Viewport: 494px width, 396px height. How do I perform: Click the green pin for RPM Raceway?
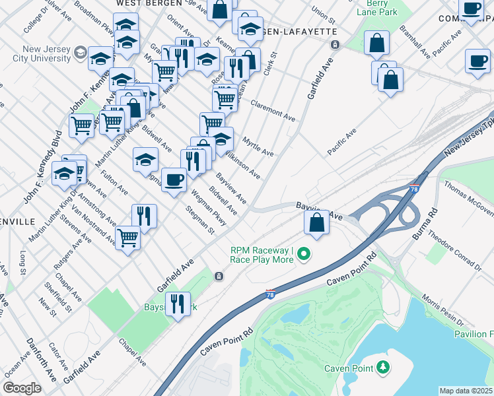point(304,253)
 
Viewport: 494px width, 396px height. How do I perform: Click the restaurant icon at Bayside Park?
point(178,304)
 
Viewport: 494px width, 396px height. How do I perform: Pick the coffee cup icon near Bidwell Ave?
point(174,179)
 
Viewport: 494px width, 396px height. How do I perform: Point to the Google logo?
point(22,388)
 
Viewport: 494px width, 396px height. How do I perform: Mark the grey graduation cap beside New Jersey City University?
point(81,51)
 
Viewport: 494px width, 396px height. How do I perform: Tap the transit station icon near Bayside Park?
point(218,277)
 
